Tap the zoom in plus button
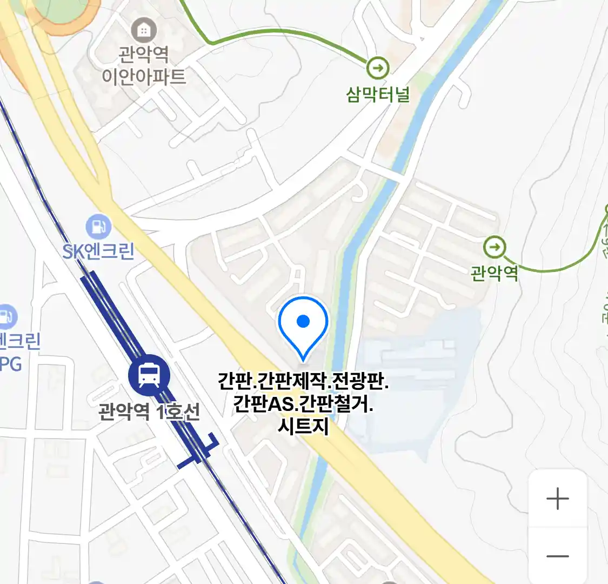point(558,499)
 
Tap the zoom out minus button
point(558,556)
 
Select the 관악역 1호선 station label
point(149,412)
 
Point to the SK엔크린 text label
point(98,251)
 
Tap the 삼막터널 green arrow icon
point(377,68)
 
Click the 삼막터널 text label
point(378,95)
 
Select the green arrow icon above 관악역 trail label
point(494,248)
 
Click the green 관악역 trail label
point(494,273)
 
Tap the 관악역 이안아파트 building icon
point(144,31)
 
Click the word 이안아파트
point(144,76)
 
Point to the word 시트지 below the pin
point(303,426)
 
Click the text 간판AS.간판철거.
point(303,404)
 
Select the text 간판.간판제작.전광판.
point(303,382)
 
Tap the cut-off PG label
point(10,364)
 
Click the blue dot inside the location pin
point(303,322)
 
